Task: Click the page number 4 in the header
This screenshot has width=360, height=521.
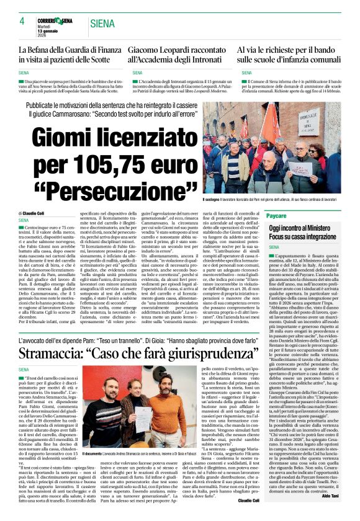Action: [22, 21]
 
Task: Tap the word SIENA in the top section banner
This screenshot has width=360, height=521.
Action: [102, 24]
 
